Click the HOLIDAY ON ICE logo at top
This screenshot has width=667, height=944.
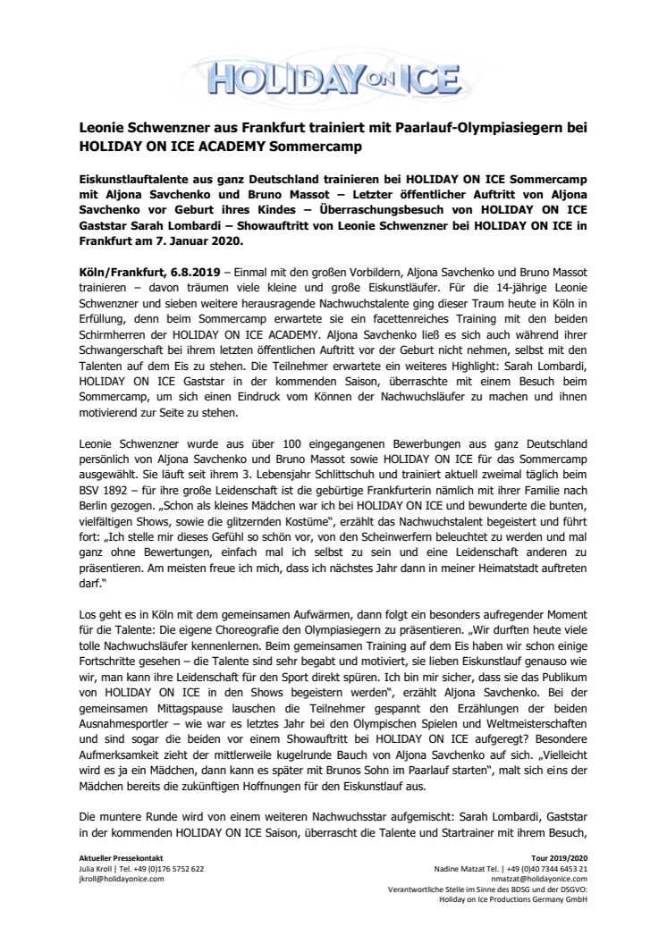[x=333, y=69]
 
